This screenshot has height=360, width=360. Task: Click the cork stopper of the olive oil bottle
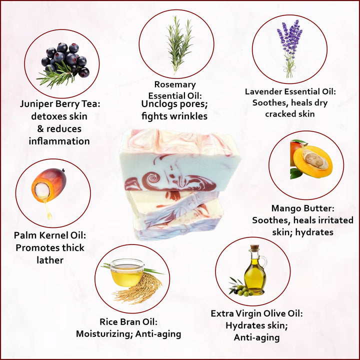pos(254,247)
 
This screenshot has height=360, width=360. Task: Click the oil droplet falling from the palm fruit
pos(48,211)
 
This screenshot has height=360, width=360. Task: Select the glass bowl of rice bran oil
pos(126,272)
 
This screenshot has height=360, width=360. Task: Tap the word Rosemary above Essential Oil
pos(175,84)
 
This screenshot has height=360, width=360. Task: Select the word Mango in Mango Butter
pos(286,208)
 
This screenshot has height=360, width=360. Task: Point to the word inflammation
pos(59,141)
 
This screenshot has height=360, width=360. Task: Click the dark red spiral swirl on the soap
pos(150,180)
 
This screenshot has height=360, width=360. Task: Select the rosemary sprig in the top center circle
pos(178,45)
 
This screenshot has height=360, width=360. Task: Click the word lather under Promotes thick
pos(50,260)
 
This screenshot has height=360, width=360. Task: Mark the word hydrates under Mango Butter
pos(314,232)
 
